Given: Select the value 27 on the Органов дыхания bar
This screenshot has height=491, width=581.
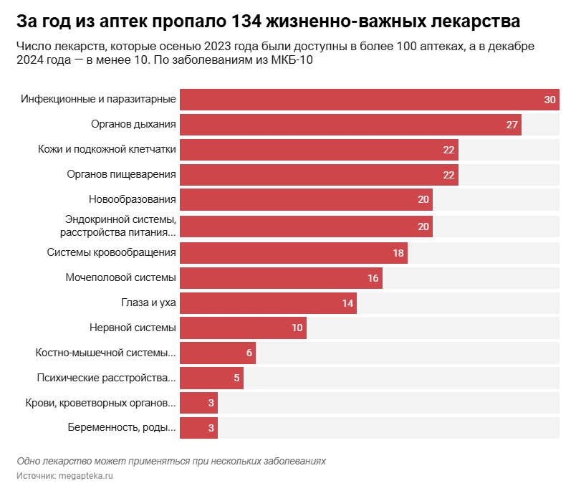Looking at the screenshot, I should click(x=512, y=125).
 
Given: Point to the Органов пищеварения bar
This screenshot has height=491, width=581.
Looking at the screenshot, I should click(x=318, y=174).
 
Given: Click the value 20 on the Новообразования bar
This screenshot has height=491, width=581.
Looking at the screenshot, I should click(x=423, y=199).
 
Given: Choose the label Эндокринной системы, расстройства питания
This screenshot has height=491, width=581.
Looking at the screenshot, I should click(x=119, y=225).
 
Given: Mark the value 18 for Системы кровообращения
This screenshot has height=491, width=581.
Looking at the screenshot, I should click(x=398, y=253).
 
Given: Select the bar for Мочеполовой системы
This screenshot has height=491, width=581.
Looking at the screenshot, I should click(x=280, y=278).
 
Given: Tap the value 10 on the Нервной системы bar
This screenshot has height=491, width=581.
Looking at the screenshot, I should click(x=297, y=328).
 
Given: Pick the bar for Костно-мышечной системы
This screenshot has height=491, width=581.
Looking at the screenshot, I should click(x=217, y=353).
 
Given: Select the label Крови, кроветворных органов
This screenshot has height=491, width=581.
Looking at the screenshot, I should click(x=100, y=403).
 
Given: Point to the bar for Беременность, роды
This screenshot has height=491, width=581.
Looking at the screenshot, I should click(x=198, y=428).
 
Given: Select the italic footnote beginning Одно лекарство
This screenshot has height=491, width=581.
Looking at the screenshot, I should click(x=171, y=460).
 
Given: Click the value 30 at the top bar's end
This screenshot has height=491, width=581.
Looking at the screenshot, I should click(x=550, y=100).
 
